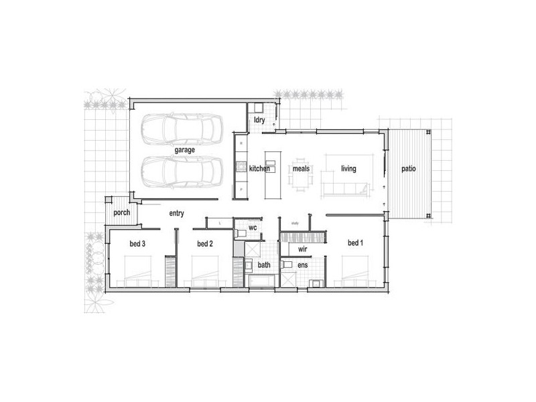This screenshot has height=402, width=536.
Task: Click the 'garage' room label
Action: pyautogui.click(x=185, y=150)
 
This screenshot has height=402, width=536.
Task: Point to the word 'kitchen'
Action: pyautogui.click(x=259, y=169)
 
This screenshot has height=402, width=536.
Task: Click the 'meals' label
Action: pyautogui.click(x=301, y=169)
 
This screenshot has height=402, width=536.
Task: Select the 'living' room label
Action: pyautogui.click(x=348, y=169)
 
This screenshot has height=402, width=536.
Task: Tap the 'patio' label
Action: pyautogui.click(x=409, y=169)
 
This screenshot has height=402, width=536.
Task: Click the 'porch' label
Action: pyautogui.click(x=121, y=213)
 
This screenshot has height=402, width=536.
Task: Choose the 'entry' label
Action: pyautogui.click(x=177, y=213)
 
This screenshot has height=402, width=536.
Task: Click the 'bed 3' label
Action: pyautogui.click(x=137, y=244)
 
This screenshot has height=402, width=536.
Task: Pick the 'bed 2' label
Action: pyautogui.click(x=205, y=244)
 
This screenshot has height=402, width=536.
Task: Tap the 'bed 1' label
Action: pyautogui.click(x=355, y=243)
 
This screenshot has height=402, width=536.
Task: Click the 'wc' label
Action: pyautogui.click(x=253, y=228)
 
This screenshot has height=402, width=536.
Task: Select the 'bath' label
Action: pyautogui.click(x=265, y=265)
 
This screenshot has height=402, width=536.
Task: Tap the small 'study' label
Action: pyautogui.click(x=294, y=222)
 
